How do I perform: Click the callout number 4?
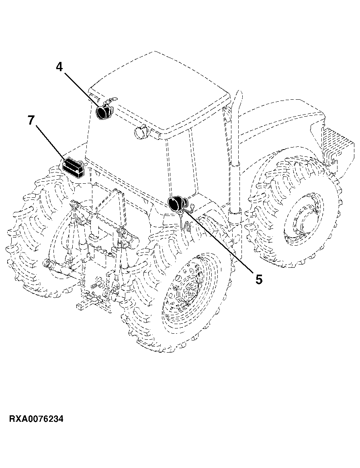59,67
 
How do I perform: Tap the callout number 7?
31,120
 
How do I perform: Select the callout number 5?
259,280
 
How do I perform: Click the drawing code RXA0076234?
36,419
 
